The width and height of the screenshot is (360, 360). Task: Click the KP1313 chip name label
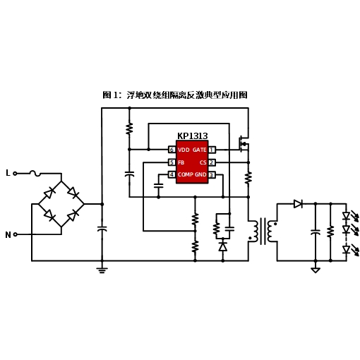pyautogui.click(x=192, y=136)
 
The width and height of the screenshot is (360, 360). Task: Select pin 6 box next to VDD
pyautogui.click(x=172, y=150)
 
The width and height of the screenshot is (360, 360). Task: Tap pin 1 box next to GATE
pyautogui.click(x=212, y=150)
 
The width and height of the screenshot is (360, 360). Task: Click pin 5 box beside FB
pyautogui.click(x=172, y=162)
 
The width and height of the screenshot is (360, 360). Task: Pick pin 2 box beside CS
pyautogui.click(x=212, y=162)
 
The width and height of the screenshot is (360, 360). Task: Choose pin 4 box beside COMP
pyautogui.click(x=172, y=174)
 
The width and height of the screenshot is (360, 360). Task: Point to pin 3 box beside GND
pyautogui.click(x=212, y=175)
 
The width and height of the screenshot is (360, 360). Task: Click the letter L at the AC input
pyautogui.click(x=8, y=173)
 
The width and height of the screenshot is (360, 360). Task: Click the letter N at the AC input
pyautogui.click(x=8, y=234)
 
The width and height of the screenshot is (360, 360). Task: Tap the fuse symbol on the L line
pyautogui.click(x=35, y=174)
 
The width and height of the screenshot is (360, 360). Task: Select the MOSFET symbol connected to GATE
pyautogui.click(x=244, y=144)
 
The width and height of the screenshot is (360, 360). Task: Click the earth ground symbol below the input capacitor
pyautogui.click(x=102, y=270)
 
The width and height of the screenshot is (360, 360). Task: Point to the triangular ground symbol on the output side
pyautogui.click(x=316, y=270)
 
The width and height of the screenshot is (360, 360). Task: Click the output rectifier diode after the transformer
pyautogui.click(x=298, y=204)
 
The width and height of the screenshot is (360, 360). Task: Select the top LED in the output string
pyautogui.click(x=346, y=216)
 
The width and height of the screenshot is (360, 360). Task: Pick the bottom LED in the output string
pyautogui.click(x=346, y=249)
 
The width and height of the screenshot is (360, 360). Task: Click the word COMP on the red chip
pyautogui.click(x=186, y=174)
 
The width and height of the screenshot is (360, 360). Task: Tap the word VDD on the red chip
pyautogui.click(x=184, y=150)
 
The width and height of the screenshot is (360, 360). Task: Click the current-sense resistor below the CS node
pyautogui.click(x=248, y=178)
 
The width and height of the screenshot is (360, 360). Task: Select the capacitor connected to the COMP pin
pyautogui.click(x=159, y=186)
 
